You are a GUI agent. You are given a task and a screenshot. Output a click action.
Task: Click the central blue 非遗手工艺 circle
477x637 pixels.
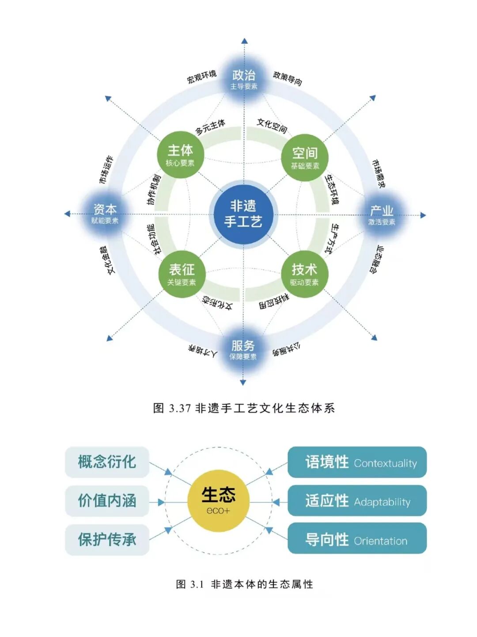(x=243, y=214)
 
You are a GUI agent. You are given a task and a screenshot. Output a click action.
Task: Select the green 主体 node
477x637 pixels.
(x=180, y=155)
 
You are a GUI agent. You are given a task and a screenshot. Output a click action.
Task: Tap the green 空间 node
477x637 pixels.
(x=305, y=157)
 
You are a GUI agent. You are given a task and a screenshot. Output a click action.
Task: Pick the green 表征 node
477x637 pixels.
(x=182, y=274)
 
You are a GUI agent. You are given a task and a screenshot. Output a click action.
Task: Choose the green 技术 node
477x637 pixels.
(x=304, y=274)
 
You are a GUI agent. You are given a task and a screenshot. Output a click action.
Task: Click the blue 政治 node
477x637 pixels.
(x=244, y=79)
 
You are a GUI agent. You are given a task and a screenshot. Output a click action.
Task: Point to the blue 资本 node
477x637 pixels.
(x=105, y=213)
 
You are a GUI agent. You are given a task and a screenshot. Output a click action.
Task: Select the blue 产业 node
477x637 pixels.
(x=382, y=214)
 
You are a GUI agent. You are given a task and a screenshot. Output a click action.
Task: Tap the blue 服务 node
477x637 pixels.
(x=243, y=349)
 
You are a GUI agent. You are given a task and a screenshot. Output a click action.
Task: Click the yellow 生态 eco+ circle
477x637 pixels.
(x=218, y=500)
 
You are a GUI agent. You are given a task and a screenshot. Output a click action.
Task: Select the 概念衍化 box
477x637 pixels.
(x=107, y=462)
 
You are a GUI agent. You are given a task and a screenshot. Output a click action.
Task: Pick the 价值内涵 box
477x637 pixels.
(x=107, y=501)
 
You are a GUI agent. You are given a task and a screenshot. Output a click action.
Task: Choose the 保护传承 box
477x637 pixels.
(x=107, y=539)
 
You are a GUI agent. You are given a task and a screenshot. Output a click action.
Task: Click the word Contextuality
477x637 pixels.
(x=385, y=463)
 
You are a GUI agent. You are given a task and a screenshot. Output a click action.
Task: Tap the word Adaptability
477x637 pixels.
(x=382, y=502)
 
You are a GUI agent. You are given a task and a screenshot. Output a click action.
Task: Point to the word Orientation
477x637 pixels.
(x=380, y=541)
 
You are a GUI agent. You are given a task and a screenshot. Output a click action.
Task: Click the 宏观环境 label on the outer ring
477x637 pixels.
(x=201, y=76)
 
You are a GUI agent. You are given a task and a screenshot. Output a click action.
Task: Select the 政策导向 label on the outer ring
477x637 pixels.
(x=288, y=78)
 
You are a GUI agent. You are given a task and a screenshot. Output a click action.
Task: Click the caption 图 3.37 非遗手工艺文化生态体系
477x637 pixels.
(x=244, y=408)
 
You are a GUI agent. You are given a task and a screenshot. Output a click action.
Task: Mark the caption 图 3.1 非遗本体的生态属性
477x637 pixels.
(x=244, y=584)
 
